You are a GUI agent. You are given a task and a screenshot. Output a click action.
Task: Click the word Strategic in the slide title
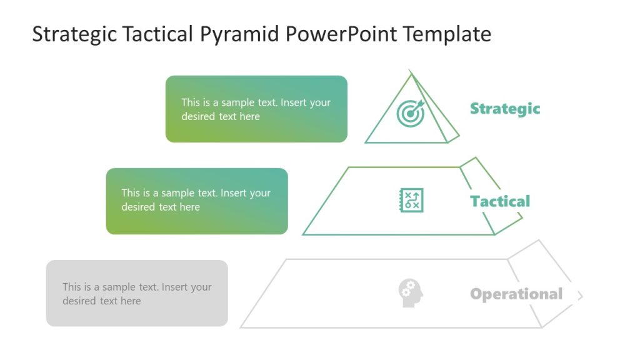tap(74, 34)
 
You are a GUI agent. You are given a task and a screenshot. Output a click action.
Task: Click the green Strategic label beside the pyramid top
tap(504, 109)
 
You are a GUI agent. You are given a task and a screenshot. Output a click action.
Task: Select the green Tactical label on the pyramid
tap(499, 201)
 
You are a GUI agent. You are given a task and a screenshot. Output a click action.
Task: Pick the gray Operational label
tap(516, 294)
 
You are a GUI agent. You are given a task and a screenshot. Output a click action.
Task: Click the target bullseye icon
tap(411, 113)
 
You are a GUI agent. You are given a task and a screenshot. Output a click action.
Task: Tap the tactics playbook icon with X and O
tap(411, 200)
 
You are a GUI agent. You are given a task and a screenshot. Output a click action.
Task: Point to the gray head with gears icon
tap(411, 292)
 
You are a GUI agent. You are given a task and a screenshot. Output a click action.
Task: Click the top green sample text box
tap(256, 109)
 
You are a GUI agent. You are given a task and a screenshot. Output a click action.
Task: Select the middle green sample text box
tap(197, 201)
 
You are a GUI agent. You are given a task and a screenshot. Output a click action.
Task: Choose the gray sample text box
tap(137, 293)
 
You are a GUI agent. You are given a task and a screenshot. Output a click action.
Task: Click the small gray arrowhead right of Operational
tap(579, 296)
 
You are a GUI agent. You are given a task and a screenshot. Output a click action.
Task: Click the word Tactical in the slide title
tap(159, 34)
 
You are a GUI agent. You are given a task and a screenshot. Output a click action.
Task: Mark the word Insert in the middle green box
tap(234, 193)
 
